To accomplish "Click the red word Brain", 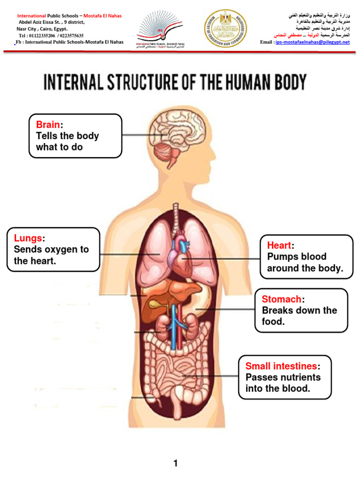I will (x=48, y=125).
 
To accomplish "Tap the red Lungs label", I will (x=28, y=238).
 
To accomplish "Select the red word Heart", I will (x=279, y=245).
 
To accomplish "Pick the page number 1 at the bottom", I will (x=176, y=464).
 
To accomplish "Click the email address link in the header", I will (x=313, y=42).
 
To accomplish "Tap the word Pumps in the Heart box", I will (x=280, y=257).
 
